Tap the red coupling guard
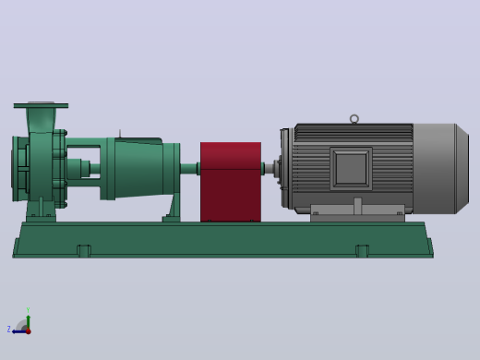231,182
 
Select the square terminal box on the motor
351,169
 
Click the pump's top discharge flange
41,105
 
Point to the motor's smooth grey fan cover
440,169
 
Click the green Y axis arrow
29,322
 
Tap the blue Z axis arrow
19,331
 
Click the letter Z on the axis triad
9,330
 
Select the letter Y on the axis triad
28,310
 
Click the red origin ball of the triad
29,331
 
